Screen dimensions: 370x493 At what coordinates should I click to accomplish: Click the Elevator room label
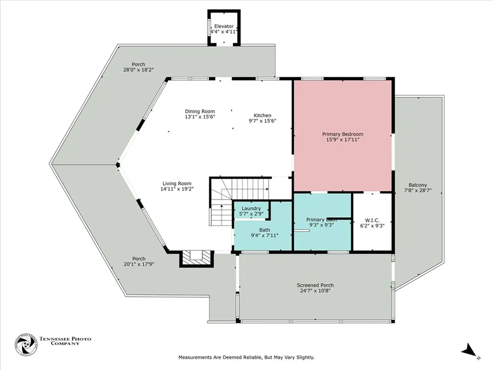tap(224, 26)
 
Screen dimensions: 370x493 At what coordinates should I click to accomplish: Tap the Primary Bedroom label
tap(342, 134)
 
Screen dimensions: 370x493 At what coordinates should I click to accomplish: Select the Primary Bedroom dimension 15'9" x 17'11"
tap(342, 140)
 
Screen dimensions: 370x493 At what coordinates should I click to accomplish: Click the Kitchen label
tap(262, 115)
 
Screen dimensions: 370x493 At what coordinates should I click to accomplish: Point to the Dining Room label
tap(200, 111)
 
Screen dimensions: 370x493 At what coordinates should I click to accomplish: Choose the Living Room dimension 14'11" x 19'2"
tap(177, 189)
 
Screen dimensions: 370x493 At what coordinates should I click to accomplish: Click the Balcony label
tap(417, 185)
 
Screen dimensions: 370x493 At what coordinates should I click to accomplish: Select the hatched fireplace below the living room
tap(196, 258)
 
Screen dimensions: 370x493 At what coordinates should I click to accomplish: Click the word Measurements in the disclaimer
tap(197, 357)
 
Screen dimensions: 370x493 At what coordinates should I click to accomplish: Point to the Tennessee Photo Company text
tap(65, 342)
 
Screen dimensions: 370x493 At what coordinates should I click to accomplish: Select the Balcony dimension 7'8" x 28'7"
tap(417, 190)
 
